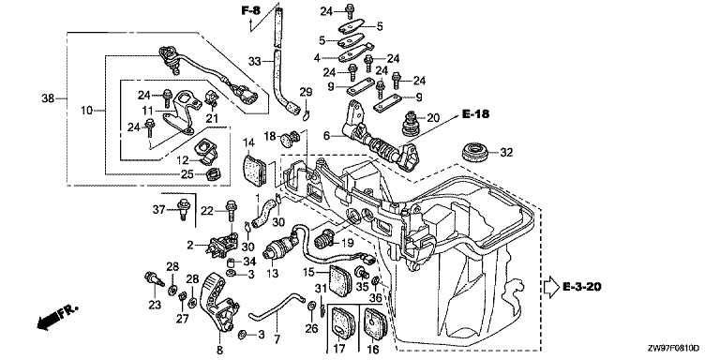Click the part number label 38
48,98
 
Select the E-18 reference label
475,114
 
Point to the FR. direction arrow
57,316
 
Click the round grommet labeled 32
474,152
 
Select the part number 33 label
255,61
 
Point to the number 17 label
338,349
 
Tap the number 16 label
372,350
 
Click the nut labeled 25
212,174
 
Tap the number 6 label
326,135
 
